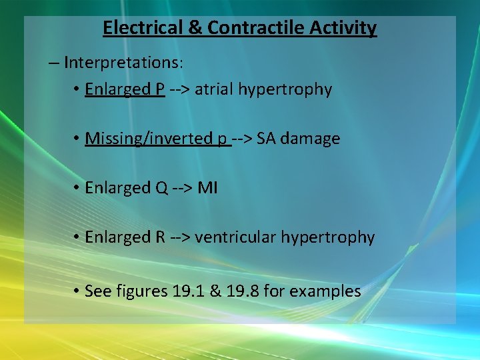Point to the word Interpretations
(x=123, y=63)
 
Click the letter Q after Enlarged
(x=161, y=188)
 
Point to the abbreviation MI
(x=208, y=188)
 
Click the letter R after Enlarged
(x=161, y=237)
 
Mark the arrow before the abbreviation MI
(x=183, y=188)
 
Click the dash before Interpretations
(x=54, y=63)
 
